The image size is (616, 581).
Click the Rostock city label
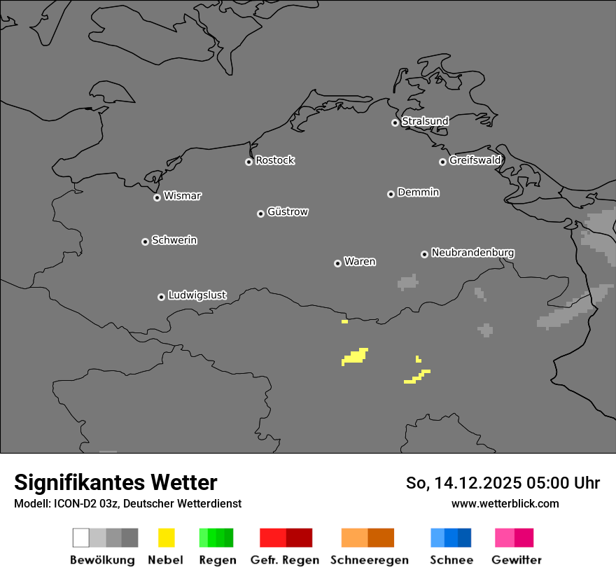pyautogui.click(x=275, y=161)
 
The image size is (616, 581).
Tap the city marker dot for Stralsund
pyautogui.click(x=395, y=122)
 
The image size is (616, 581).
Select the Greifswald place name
pyautogui.click(x=475, y=160)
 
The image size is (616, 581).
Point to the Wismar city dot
pyautogui.click(x=157, y=197)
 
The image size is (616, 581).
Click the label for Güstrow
pyautogui.click(x=288, y=212)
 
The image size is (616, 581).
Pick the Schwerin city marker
pyautogui.click(x=145, y=241)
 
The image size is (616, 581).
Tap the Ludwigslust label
pyautogui.click(x=197, y=295)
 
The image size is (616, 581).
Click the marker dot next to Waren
pyautogui.click(x=337, y=263)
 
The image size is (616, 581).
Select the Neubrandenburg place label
pyautogui.click(x=473, y=253)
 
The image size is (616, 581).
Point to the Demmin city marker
pyautogui.click(x=391, y=194)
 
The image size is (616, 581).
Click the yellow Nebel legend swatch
pyautogui.click(x=166, y=538)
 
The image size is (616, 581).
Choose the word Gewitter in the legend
pyautogui.click(x=517, y=560)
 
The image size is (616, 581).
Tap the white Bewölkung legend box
pyautogui.click(x=81, y=538)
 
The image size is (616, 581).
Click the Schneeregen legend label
pyautogui.click(x=370, y=560)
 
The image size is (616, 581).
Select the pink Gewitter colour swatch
pyautogui.click(x=514, y=538)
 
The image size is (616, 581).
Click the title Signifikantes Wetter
pyautogui.click(x=115, y=482)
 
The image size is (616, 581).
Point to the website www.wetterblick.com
pyautogui.click(x=505, y=503)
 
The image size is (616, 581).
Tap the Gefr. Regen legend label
pyautogui.click(x=284, y=560)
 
